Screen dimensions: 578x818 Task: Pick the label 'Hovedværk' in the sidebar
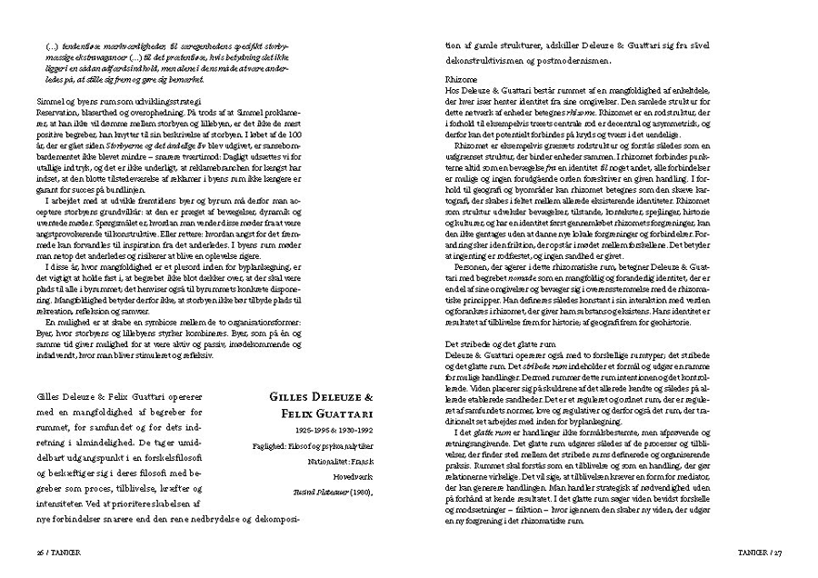click(x=354, y=477)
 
